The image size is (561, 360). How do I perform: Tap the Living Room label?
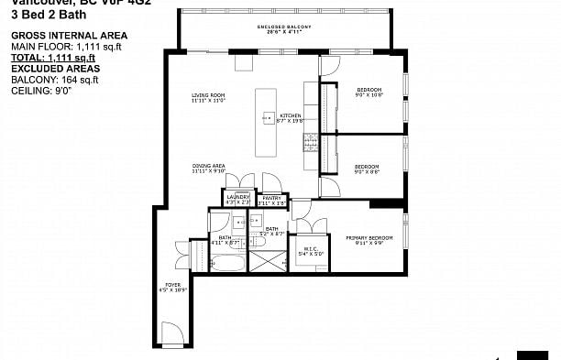209,98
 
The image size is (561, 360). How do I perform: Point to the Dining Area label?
209,169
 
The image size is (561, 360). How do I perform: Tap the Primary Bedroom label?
368,240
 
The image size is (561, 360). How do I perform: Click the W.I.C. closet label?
309,251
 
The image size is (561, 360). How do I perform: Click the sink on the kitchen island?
269,116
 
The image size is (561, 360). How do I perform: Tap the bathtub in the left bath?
227,264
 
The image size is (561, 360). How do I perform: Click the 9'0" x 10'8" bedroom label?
368,92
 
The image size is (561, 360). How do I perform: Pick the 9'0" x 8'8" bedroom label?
367,169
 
